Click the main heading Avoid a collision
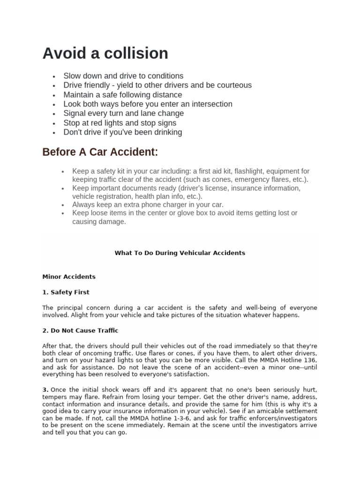105,53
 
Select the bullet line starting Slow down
123,76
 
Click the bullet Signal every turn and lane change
123,113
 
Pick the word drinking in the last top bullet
165,132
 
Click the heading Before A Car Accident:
100,152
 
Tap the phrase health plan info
158,196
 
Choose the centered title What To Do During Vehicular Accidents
180,253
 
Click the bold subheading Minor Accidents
69,277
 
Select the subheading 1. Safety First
66,292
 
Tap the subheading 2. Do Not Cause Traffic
80,330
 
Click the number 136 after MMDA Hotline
311,360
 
